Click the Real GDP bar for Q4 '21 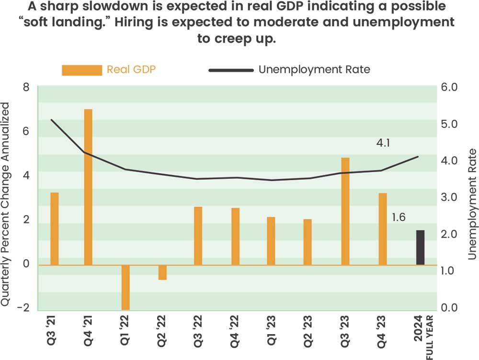tap(88, 187)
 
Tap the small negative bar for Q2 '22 tap(162, 272)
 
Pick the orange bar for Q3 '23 tap(345, 211)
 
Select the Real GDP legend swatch tap(82, 70)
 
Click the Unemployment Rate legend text tap(314, 70)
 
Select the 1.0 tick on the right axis tap(451, 271)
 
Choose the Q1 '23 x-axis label tap(272, 331)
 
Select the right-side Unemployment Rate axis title tap(472, 204)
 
